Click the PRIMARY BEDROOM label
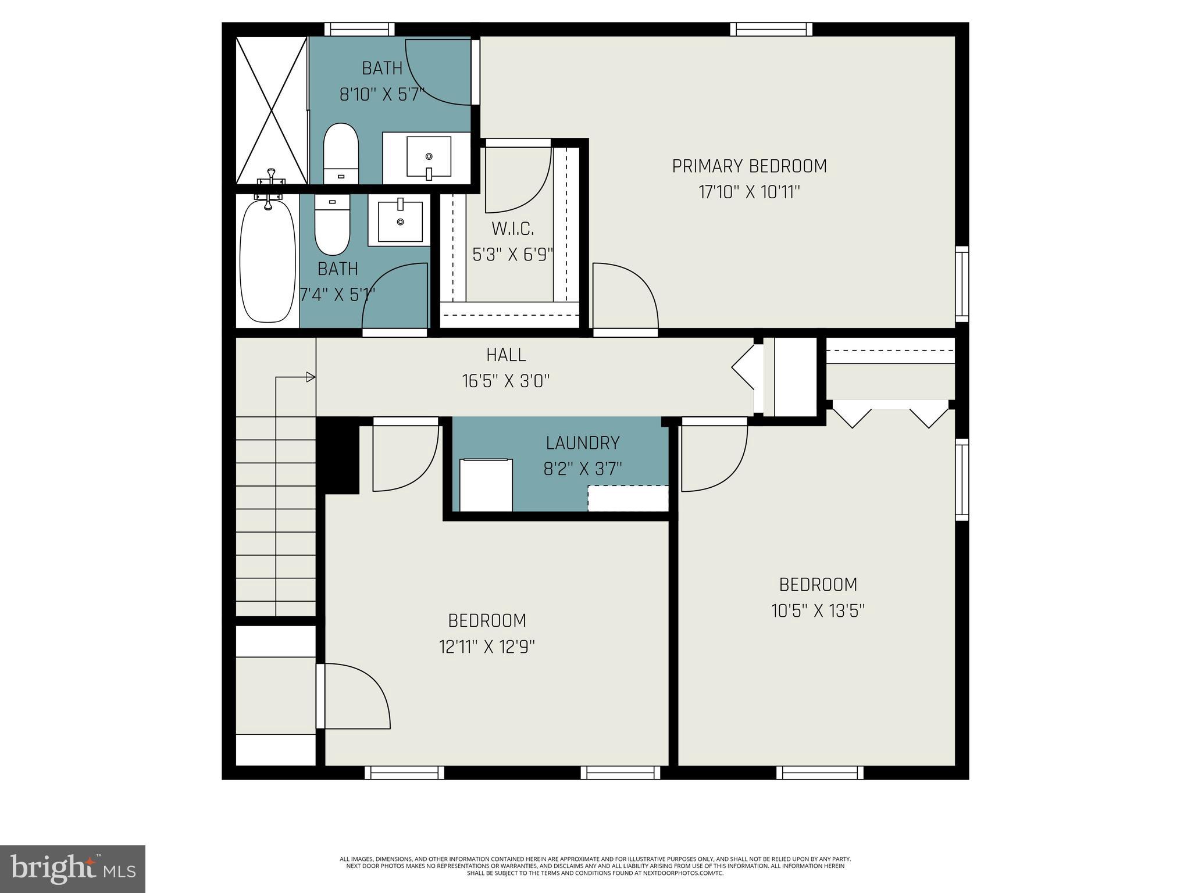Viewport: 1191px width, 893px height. click(x=749, y=166)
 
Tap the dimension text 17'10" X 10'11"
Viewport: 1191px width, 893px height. click(x=749, y=192)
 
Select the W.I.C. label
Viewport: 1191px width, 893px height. click(x=512, y=229)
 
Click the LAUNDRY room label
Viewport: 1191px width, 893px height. click(x=582, y=443)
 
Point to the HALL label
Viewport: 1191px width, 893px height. click(x=506, y=355)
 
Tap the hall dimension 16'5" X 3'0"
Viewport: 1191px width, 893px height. click(x=506, y=381)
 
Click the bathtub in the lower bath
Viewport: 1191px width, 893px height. click(x=268, y=260)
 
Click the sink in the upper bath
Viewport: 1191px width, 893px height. click(x=429, y=157)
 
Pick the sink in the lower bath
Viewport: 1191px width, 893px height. click(x=400, y=222)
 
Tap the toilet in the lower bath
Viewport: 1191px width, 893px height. click(x=332, y=225)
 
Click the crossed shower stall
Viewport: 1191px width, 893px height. click(x=271, y=109)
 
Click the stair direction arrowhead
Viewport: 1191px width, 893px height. click(x=311, y=377)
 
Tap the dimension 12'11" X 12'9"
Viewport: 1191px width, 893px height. click(x=487, y=647)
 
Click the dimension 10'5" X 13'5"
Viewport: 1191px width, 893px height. click(x=818, y=611)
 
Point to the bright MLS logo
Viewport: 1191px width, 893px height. click(x=73, y=869)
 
